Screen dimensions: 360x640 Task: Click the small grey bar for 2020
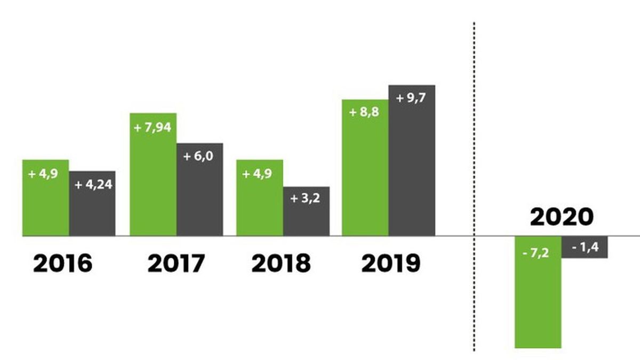(585, 247)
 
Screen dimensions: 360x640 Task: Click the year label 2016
(62, 264)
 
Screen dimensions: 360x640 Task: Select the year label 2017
(176, 264)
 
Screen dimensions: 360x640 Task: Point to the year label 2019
(390, 264)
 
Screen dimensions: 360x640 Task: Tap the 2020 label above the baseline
(561, 217)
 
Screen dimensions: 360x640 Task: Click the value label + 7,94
(153, 128)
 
